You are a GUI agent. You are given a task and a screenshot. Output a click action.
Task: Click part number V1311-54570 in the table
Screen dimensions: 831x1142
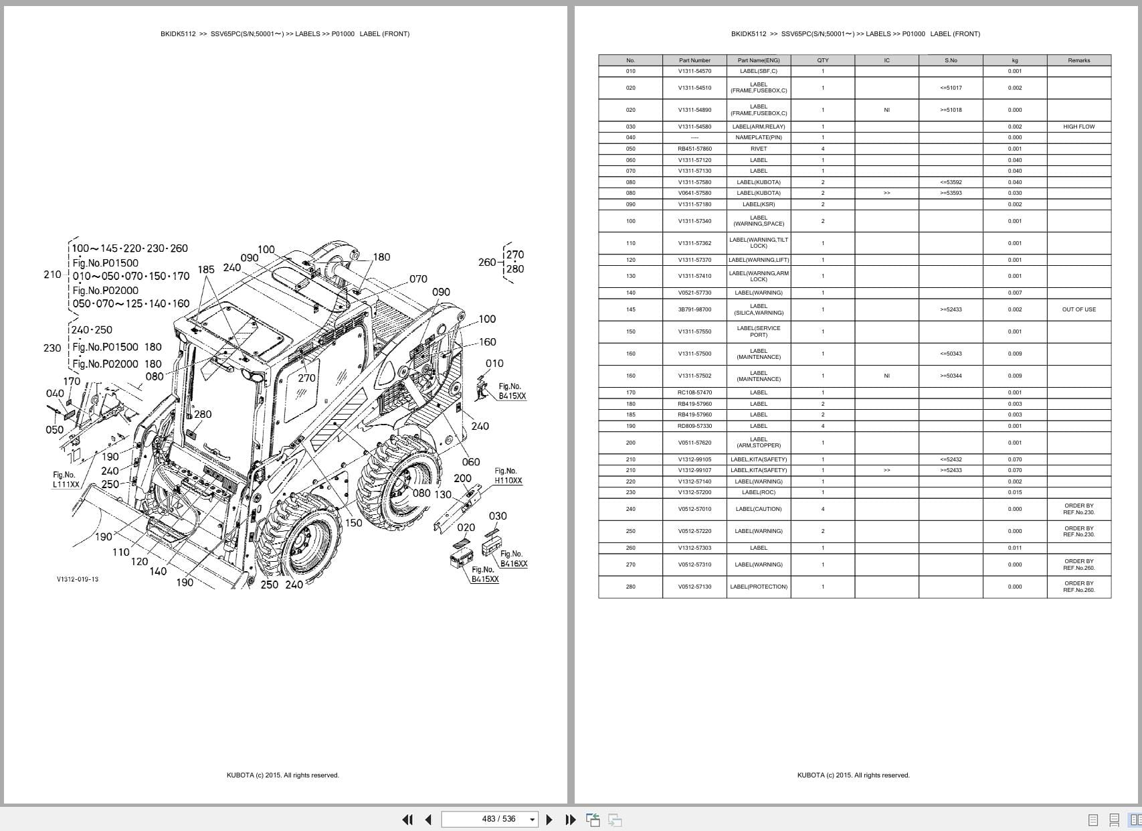coord(694,71)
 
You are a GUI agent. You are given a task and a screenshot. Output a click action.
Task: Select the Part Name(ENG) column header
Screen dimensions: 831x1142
coord(759,60)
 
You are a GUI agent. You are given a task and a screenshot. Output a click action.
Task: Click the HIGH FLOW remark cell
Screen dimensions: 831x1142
coord(1078,127)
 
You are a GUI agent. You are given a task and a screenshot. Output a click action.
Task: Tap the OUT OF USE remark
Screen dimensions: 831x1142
coord(1078,309)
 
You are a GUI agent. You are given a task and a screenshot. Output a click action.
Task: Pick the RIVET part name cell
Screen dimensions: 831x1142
coord(759,149)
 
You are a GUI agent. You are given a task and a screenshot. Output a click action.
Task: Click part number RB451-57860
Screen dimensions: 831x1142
coord(694,149)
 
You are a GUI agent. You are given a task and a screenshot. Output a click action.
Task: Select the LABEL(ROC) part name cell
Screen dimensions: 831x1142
coord(759,492)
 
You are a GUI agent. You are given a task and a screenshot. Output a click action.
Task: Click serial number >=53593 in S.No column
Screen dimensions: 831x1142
coord(951,193)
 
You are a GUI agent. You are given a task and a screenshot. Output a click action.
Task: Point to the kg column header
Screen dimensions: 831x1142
coord(1014,60)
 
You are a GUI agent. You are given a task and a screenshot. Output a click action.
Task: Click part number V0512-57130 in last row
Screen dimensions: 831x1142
coord(694,587)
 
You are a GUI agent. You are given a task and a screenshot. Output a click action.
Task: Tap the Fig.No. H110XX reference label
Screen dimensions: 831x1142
coord(508,476)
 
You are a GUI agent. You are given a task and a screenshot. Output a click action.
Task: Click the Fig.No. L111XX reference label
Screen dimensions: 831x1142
coord(66,479)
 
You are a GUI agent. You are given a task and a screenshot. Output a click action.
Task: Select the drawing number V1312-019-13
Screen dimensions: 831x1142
coord(78,579)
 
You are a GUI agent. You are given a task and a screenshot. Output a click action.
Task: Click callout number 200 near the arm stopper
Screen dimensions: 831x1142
coord(462,478)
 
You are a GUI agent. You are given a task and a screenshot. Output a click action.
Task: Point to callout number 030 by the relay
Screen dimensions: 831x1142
coord(498,516)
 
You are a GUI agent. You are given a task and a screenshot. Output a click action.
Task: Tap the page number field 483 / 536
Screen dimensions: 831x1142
coord(491,819)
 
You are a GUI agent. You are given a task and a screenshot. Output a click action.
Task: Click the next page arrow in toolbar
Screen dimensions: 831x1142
coord(549,819)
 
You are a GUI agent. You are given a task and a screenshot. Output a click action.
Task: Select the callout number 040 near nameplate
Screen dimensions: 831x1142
coord(55,393)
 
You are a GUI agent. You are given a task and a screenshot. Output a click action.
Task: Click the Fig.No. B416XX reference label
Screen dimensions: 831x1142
coord(513,559)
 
